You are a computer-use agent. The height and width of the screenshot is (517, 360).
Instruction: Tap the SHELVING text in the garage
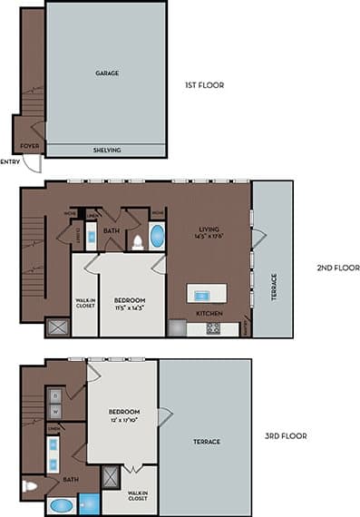(x=107, y=150)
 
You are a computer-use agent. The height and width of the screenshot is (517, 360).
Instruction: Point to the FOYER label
(x=30, y=144)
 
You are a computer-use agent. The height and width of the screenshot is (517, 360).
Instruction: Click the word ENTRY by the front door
(x=10, y=162)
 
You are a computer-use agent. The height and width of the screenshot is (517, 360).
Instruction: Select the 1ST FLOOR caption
(x=204, y=85)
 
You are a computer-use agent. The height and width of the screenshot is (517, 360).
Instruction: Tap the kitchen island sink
(x=200, y=294)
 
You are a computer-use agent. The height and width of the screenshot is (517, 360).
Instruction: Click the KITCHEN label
(x=209, y=314)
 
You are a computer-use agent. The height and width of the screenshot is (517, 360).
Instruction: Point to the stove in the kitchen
(x=213, y=328)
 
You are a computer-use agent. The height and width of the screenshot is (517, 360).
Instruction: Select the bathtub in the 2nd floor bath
(x=157, y=239)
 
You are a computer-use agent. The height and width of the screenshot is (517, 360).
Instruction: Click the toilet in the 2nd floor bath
(x=137, y=241)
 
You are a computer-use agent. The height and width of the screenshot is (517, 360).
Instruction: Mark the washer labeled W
(x=54, y=411)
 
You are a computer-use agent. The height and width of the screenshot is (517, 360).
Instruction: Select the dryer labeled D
(x=54, y=396)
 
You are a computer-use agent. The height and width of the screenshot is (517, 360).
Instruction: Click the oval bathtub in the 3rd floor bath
(x=62, y=506)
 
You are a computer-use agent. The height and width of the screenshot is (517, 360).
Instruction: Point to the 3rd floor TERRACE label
(x=208, y=443)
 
